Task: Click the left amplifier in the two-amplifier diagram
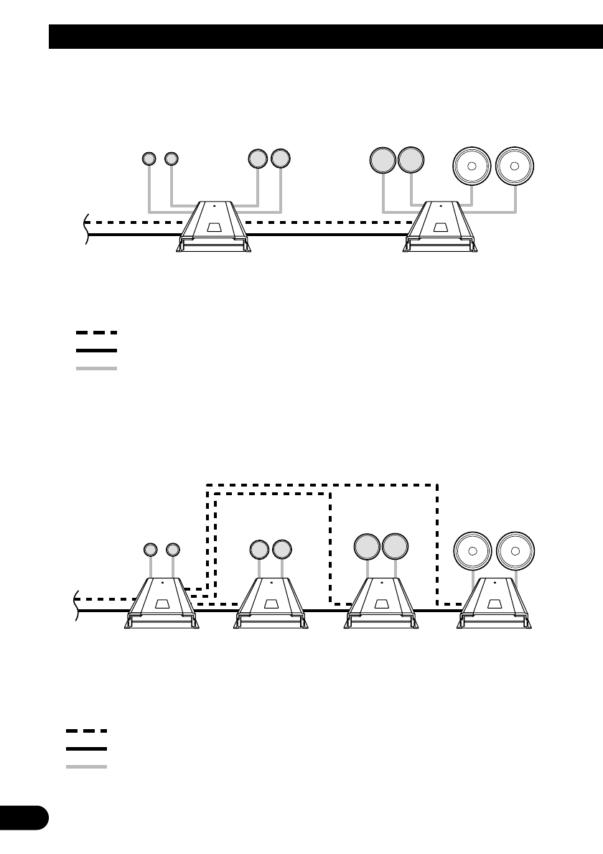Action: [214, 227]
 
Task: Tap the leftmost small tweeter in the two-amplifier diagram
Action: [149, 158]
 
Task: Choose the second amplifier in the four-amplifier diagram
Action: [270, 604]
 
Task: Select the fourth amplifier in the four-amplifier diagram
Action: [495, 604]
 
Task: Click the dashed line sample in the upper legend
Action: [96, 333]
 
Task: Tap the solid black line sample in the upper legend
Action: [96, 350]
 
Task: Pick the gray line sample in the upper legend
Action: [96, 368]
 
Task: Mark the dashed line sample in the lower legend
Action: [86, 731]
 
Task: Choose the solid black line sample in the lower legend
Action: [86, 749]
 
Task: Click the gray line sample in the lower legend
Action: [86, 766]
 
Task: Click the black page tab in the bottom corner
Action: [24, 818]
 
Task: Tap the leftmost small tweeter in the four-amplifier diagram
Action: [150, 550]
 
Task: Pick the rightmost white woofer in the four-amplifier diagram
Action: [515, 550]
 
